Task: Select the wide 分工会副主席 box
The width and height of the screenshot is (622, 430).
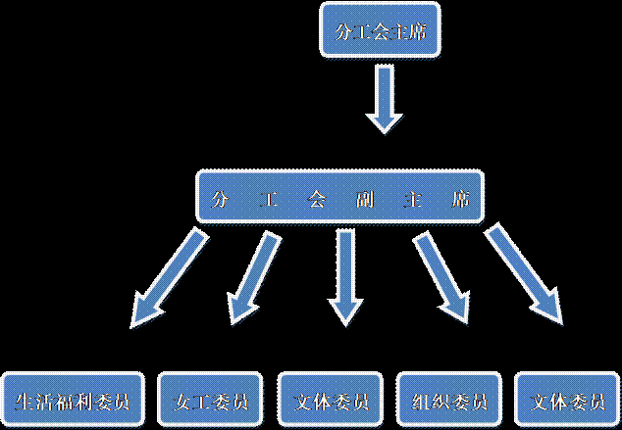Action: pyautogui.click(x=341, y=200)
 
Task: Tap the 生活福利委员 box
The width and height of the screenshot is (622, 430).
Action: pyautogui.click(x=75, y=402)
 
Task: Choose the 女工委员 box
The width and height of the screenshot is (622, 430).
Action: pyautogui.click(x=210, y=402)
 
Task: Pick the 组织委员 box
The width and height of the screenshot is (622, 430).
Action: pyautogui.click(x=444, y=402)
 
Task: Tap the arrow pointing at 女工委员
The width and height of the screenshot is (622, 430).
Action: pyautogui.click(x=252, y=274)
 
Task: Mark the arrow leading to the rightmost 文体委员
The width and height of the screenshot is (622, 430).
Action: pyautogui.click(x=526, y=274)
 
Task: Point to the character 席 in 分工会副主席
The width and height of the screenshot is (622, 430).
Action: pyautogui.click(x=460, y=201)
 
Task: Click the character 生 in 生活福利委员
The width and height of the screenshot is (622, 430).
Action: pyautogui.click(x=27, y=403)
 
